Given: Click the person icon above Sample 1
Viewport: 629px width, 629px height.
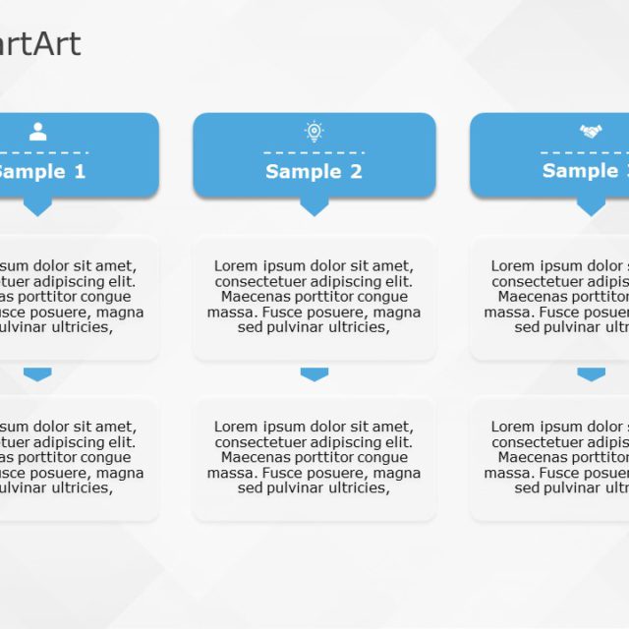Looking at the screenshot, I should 37,132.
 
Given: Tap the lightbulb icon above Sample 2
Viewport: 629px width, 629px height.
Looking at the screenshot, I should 314,131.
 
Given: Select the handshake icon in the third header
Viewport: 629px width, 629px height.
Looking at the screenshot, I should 590,131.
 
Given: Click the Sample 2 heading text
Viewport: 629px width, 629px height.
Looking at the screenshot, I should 314,172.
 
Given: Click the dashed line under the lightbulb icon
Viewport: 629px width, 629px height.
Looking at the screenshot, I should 314,152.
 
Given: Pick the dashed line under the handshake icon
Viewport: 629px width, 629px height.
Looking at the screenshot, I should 585,152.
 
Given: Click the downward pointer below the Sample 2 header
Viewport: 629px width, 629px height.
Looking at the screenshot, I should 314,206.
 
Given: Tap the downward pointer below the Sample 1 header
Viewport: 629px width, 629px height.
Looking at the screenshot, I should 37,206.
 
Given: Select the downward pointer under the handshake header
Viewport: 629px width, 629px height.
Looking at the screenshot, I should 591,206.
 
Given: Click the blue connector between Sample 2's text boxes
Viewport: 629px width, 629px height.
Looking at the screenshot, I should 314,373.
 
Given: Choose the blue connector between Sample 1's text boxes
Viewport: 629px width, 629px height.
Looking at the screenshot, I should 37,373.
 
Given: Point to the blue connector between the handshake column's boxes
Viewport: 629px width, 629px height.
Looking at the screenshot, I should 591,373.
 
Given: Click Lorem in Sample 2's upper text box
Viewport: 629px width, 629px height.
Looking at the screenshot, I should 235,266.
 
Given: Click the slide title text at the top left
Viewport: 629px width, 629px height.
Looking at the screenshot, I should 40,44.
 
